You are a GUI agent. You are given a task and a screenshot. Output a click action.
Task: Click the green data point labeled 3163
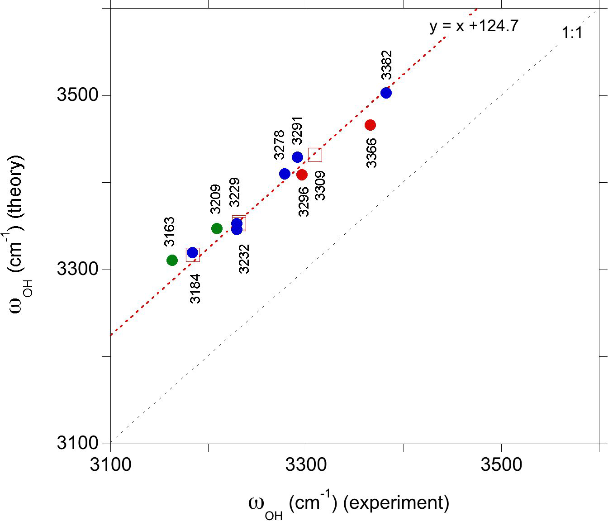pos(172,260)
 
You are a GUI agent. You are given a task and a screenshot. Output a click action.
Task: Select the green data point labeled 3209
pos(217,228)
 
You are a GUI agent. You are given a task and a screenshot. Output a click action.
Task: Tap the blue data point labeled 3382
pos(386,93)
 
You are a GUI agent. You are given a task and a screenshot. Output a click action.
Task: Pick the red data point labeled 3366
pos(370,125)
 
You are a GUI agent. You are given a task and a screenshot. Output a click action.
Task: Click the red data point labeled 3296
pos(302,175)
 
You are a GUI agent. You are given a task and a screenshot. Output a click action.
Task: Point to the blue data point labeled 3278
pos(285,174)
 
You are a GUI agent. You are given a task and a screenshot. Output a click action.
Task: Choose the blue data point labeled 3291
pos(297,157)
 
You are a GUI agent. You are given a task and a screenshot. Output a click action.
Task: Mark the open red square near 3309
pos(315,155)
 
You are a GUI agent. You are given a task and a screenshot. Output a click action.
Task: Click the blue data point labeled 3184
pos(192,253)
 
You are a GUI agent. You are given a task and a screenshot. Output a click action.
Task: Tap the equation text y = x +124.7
pos(474,26)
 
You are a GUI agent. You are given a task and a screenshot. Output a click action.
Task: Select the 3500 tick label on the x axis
pos(501,464)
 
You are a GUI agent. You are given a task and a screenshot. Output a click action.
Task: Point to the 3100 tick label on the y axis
pos(77,443)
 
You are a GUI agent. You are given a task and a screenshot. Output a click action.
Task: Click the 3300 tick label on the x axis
pos(306,464)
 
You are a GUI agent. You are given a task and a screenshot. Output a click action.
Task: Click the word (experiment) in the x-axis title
pos(396,502)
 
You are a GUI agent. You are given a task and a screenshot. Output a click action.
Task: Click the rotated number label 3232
pos(244,259)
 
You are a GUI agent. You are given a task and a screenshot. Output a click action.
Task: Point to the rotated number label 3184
pos(195,289)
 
